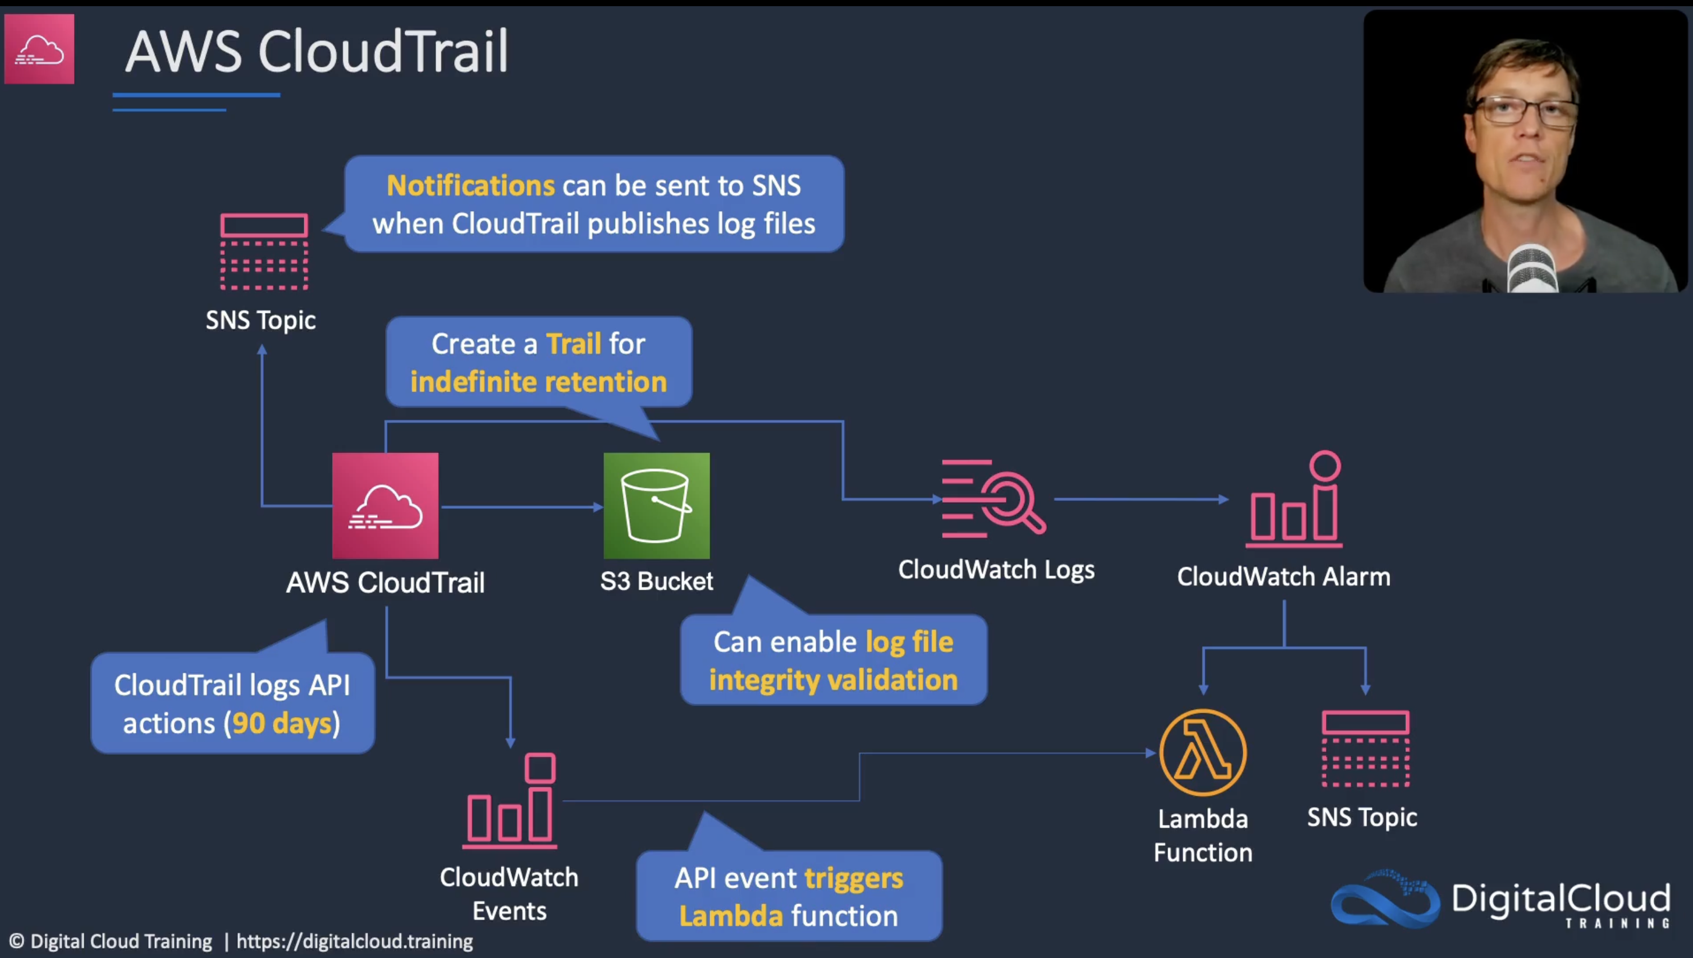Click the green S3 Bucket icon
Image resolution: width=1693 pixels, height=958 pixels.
pos(656,505)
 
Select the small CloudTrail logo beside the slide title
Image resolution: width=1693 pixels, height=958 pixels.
pos(39,49)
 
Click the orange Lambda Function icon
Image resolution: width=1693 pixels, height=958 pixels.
pos(1202,752)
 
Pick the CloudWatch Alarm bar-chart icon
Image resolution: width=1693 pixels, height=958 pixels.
pos(1294,500)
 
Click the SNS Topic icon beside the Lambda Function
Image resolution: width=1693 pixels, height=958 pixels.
pos(1365,749)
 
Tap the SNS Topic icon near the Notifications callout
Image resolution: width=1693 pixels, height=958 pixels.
pos(264,252)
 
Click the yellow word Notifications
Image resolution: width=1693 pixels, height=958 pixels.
pos(471,185)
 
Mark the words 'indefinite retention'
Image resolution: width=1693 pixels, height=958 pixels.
pos(538,382)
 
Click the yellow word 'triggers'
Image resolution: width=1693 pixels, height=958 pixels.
pos(854,878)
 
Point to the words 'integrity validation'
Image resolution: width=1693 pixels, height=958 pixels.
pos(832,679)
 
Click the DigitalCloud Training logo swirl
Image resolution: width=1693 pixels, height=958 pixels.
pos(1384,900)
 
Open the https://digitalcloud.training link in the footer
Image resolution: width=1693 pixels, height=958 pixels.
pos(355,942)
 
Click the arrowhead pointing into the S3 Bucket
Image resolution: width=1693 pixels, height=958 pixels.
pos(598,507)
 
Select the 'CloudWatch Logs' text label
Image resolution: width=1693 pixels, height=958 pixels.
pos(996,570)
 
